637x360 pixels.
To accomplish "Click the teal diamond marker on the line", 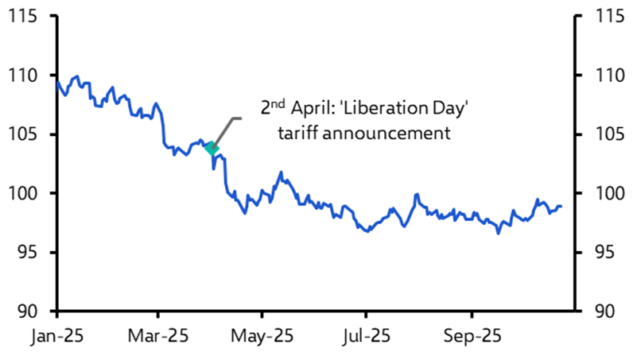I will [211, 147].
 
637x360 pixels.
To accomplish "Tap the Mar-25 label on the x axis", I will [158, 336].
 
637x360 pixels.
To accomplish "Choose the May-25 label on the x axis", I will [262, 336].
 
